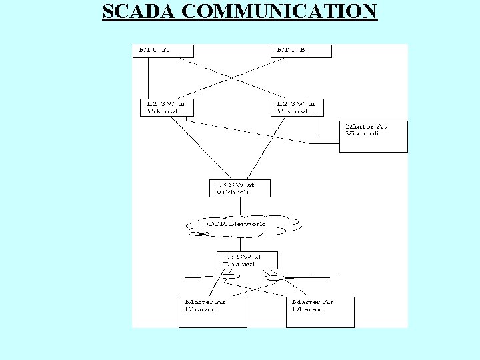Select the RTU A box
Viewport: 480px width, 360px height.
[163, 51]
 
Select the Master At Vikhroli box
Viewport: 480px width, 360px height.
[373, 136]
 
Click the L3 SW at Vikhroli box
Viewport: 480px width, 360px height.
[232, 187]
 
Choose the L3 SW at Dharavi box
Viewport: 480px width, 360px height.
[247, 259]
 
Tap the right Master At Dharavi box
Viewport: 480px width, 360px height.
[319, 311]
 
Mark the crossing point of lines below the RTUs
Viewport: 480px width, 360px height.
[231, 77]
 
